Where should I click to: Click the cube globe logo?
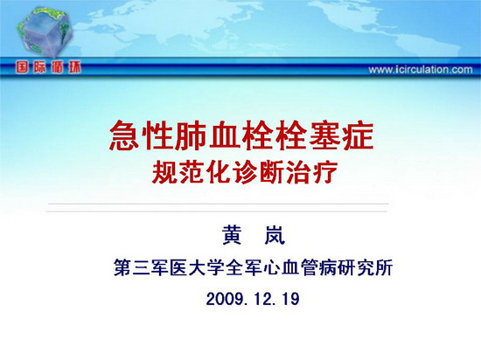point(45,32)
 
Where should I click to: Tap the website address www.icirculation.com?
point(421,70)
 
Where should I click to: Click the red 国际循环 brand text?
point(48,67)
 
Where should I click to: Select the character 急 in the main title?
point(124,135)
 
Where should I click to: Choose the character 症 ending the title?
point(358,135)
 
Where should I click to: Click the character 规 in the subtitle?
point(164,172)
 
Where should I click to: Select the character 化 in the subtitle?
point(218,172)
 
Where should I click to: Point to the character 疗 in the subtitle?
point(325,172)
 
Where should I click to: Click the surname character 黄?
point(232,235)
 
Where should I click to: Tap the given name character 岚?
point(275,235)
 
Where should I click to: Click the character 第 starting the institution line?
point(122,267)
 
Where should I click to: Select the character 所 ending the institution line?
point(384,267)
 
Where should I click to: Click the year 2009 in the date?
point(225,299)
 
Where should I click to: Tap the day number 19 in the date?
point(289,299)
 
